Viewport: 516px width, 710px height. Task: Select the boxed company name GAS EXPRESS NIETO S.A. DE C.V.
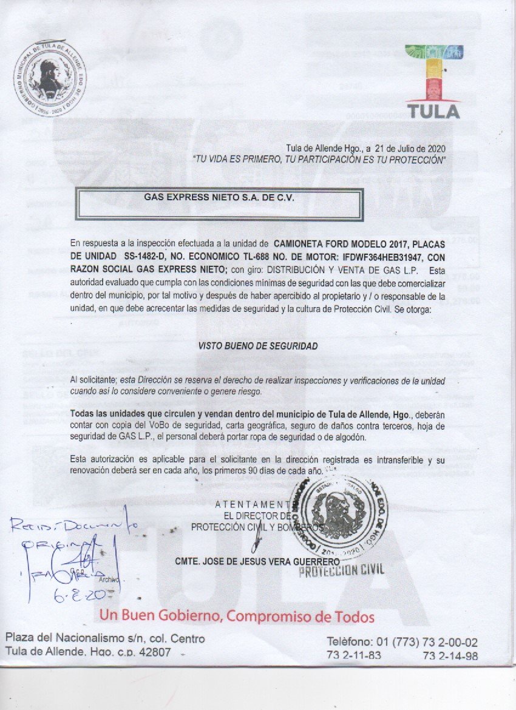tap(219, 197)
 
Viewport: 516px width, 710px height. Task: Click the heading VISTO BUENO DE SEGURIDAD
tap(258, 345)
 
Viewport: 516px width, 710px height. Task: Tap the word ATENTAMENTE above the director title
tap(254, 504)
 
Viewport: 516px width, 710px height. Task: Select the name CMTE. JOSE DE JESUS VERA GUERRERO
tap(257, 561)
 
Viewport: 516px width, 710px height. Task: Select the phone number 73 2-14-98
tap(450, 656)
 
